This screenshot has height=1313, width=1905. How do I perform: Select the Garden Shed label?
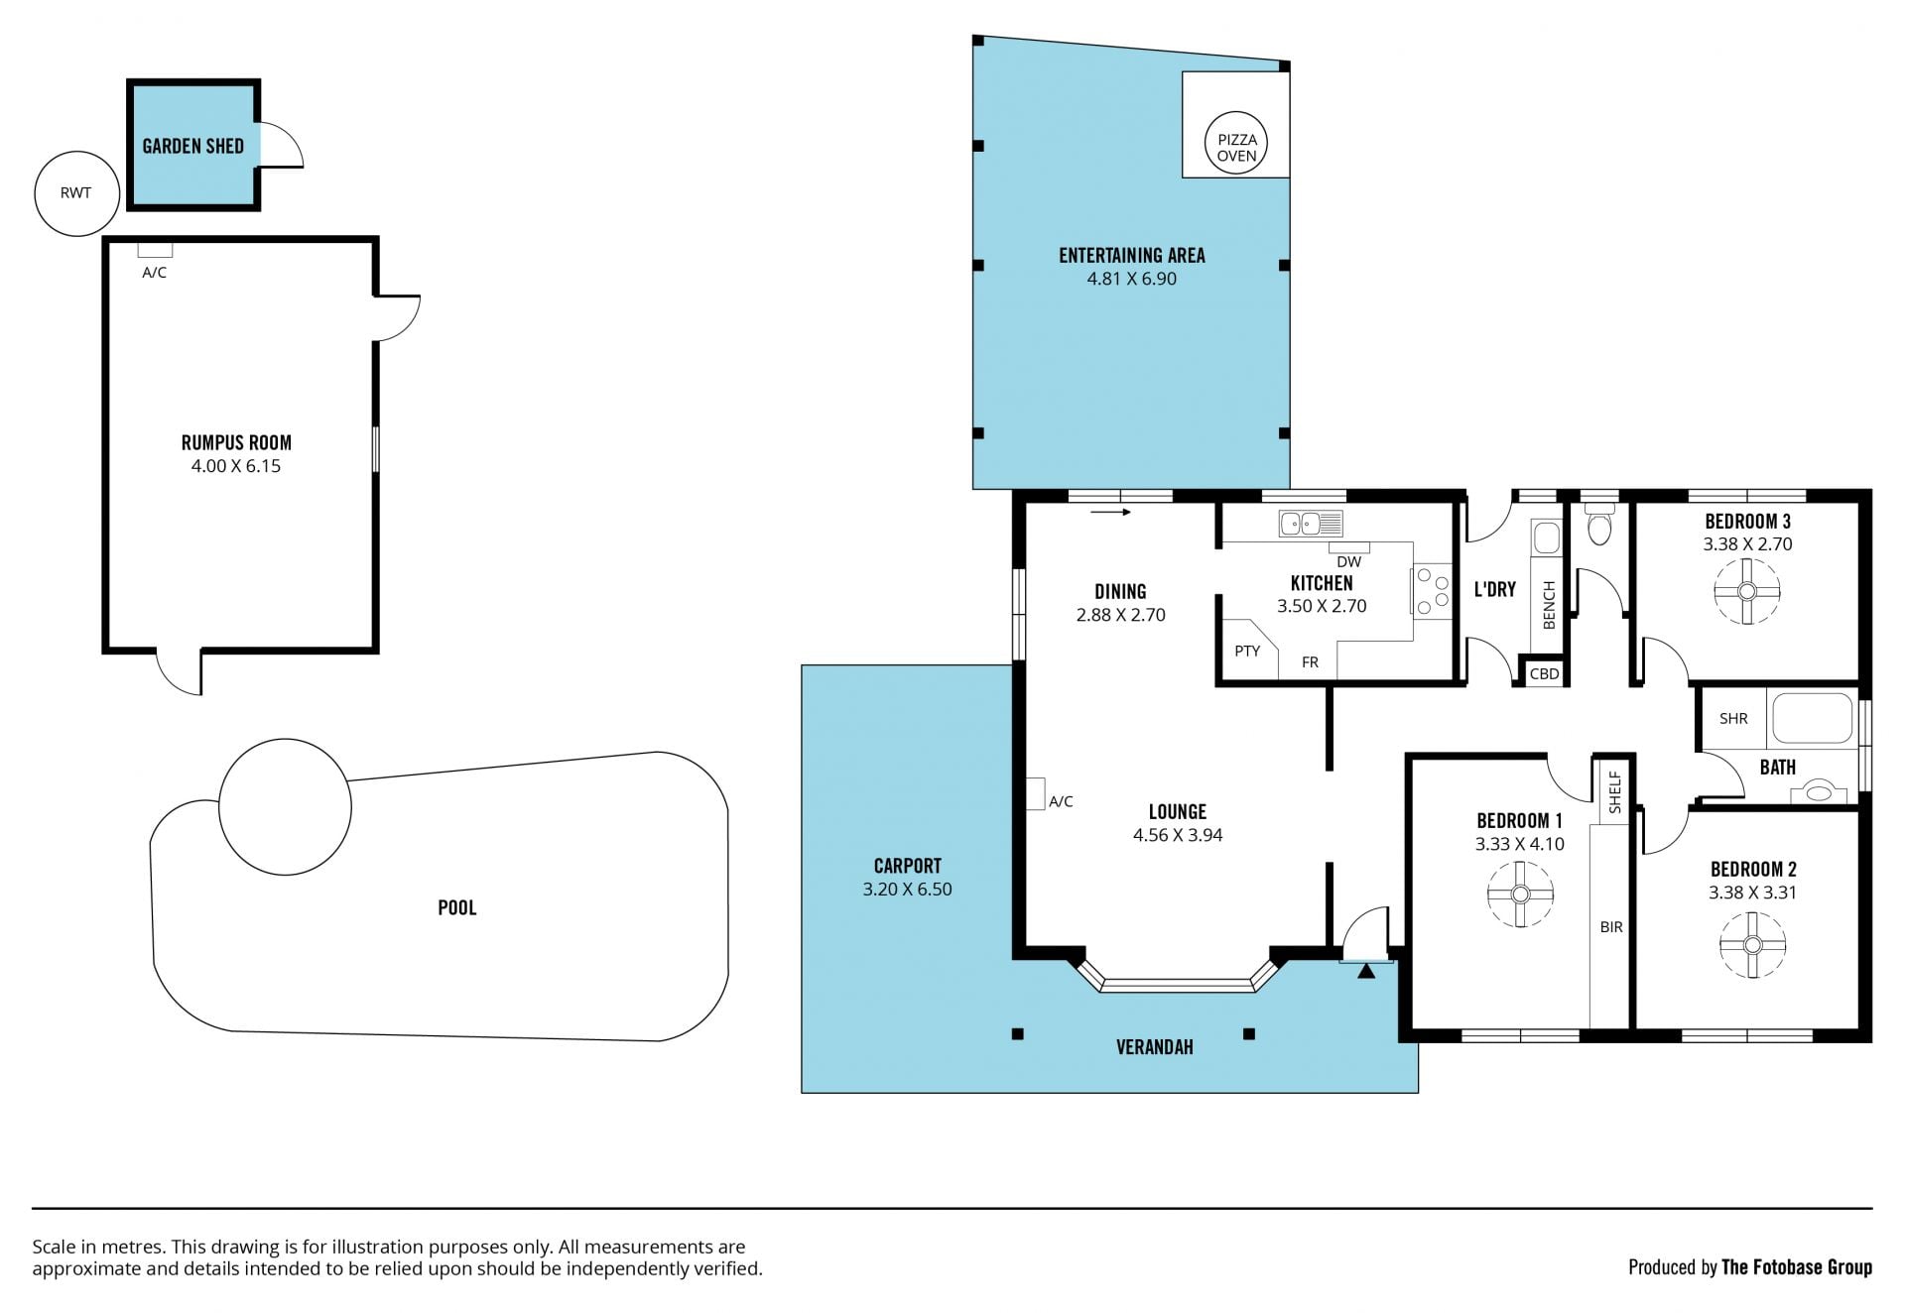click(x=193, y=146)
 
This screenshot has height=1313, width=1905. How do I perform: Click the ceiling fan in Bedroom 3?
click(x=1747, y=592)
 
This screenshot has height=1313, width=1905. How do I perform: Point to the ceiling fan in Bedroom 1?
click(x=1520, y=894)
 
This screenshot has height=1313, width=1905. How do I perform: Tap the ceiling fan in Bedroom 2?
click(x=1752, y=945)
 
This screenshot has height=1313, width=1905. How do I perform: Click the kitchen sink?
click(x=1311, y=523)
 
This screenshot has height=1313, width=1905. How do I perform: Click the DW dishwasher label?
click(x=1348, y=562)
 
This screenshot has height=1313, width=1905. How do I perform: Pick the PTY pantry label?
click(x=1247, y=651)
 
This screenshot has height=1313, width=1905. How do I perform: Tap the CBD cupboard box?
click(x=1545, y=673)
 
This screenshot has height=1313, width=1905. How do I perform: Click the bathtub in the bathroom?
click(x=1812, y=718)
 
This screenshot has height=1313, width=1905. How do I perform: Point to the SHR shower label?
click(x=1733, y=718)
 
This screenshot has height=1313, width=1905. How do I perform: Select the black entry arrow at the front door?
click(x=1366, y=971)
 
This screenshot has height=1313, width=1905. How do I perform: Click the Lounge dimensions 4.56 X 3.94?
click(x=1178, y=835)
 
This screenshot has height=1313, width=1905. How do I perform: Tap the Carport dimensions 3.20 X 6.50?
click(x=907, y=890)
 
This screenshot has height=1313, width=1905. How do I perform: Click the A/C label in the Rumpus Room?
click(x=154, y=272)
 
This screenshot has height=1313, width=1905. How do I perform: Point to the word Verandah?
click(x=1154, y=1047)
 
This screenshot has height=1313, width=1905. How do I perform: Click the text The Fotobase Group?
click(x=1797, y=1266)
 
